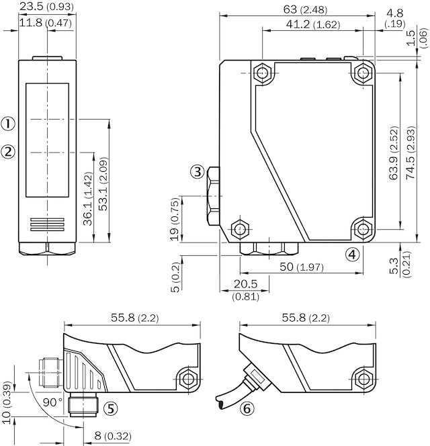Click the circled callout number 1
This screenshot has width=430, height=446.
[8, 124]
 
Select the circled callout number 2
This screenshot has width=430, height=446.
[8, 152]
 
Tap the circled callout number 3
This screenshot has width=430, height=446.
[197, 172]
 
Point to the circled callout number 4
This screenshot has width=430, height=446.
[352, 254]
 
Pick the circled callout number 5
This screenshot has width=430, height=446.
[110, 408]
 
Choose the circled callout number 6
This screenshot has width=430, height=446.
[247, 408]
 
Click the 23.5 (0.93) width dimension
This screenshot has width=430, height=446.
[46, 7]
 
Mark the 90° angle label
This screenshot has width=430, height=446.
[51, 401]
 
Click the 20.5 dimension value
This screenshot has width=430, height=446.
[246, 284]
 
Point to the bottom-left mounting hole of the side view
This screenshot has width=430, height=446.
[239, 228]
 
